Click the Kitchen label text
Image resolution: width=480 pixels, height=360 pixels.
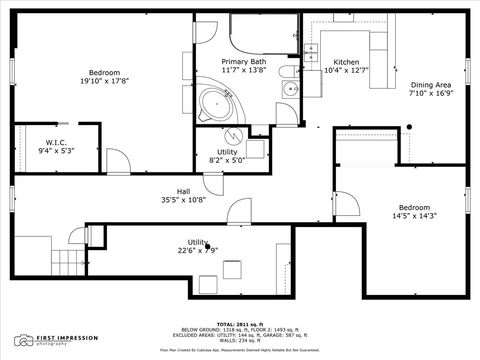point(346,61)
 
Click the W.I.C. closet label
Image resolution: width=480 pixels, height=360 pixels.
point(55,141)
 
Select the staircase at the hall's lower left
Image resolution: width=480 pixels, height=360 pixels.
point(66,264)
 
